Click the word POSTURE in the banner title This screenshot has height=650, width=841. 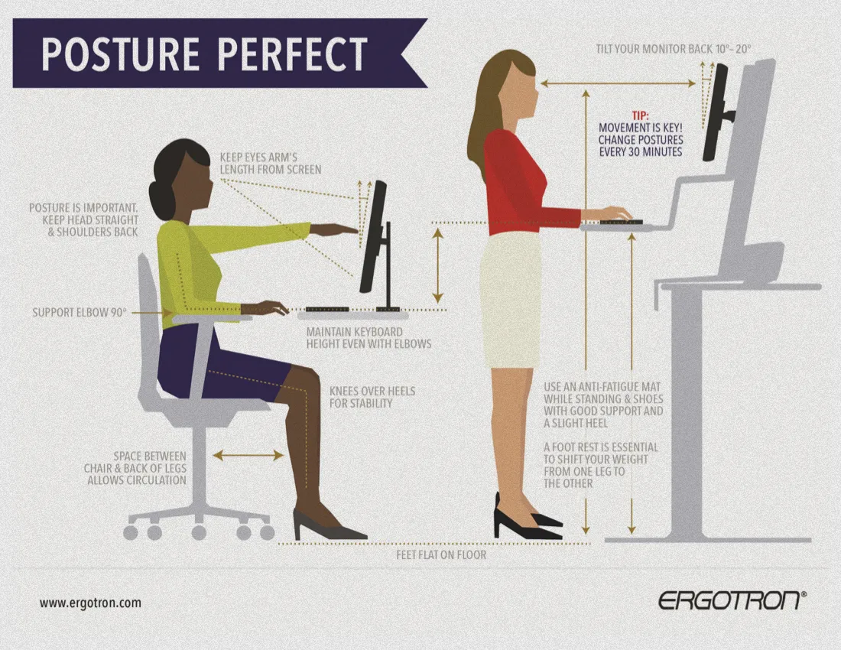point(121,54)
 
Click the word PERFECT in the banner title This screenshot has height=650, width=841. point(293,54)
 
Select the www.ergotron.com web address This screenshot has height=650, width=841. point(91,603)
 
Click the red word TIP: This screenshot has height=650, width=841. point(640,115)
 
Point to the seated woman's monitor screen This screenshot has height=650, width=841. point(374,236)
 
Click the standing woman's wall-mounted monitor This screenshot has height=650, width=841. point(716,112)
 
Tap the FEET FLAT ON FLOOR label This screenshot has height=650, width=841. point(441,555)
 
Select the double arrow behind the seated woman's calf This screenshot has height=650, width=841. point(248,456)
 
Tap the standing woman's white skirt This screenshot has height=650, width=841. point(510,301)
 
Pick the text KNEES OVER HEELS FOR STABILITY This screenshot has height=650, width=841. point(372,398)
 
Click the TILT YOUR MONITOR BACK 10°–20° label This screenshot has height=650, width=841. point(674,49)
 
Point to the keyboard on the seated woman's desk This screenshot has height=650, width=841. point(327,310)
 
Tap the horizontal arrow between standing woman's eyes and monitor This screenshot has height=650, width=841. point(618,83)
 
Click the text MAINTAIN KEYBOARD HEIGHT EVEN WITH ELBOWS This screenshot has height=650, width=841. point(369,338)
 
